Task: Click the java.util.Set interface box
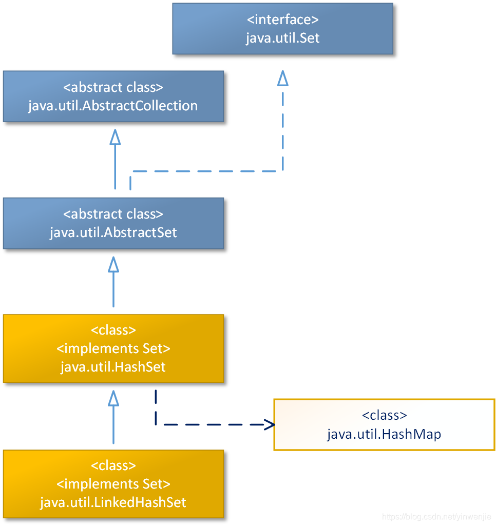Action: (x=282, y=29)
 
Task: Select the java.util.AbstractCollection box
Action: (x=113, y=96)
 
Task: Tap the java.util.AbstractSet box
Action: (x=113, y=223)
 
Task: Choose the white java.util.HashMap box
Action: (x=384, y=424)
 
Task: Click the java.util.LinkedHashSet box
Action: (x=113, y=484)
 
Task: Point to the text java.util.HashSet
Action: (x=113, y=367)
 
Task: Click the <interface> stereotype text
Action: (x=282, y=20)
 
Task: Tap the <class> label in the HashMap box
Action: (x=384, y=415)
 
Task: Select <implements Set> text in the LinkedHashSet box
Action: (x=113, y=483)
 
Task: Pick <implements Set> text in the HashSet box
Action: (x=113, y=349)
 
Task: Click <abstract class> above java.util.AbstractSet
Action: (x=113, y=214)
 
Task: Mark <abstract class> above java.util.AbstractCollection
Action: (x=113, y=87)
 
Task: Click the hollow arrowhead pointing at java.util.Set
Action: (x=282, y=77)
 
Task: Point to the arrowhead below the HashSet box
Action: (x=113, y=398)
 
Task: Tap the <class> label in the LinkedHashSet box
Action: (x=113, y=465)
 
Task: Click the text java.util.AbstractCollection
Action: (x=113, y=106)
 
